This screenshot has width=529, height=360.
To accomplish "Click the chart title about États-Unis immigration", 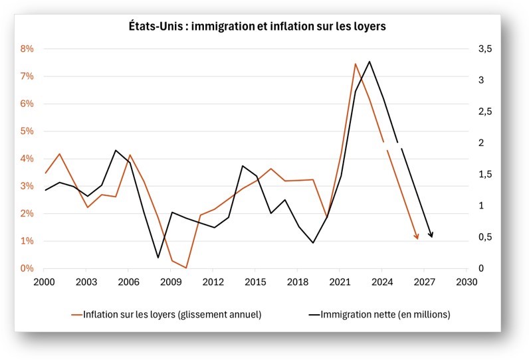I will [x=257, y=27].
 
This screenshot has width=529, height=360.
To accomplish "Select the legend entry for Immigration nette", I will [x=385, y=314].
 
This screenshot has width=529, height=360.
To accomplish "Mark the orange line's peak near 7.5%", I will [x=356, y=64].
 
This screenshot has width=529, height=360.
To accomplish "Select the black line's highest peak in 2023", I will [x=370, y=61].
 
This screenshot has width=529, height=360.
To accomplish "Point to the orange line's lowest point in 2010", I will [x=186, y=268].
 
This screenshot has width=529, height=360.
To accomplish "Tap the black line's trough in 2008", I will [x=158, y=258].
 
